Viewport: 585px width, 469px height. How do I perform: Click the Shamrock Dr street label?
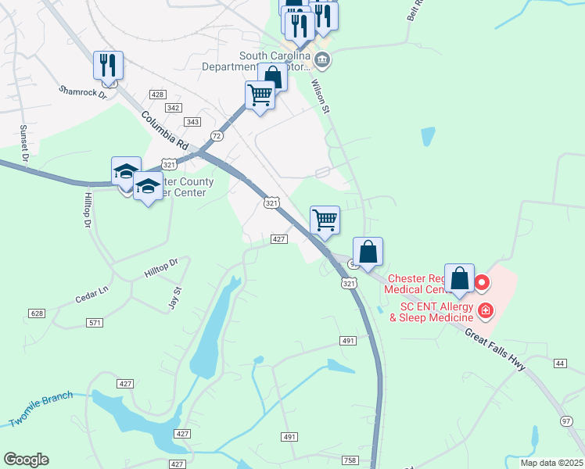(82, 91)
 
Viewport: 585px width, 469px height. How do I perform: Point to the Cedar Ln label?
(91, 295)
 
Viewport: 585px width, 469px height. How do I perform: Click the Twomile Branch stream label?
(41, 409)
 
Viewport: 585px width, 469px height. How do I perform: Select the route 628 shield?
(37, 313)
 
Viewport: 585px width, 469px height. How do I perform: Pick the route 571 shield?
(95, 322)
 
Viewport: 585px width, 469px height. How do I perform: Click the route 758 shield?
(350, 460)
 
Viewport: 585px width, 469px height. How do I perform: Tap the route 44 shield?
(560, 363)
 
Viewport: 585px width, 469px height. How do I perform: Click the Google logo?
(26, 460)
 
